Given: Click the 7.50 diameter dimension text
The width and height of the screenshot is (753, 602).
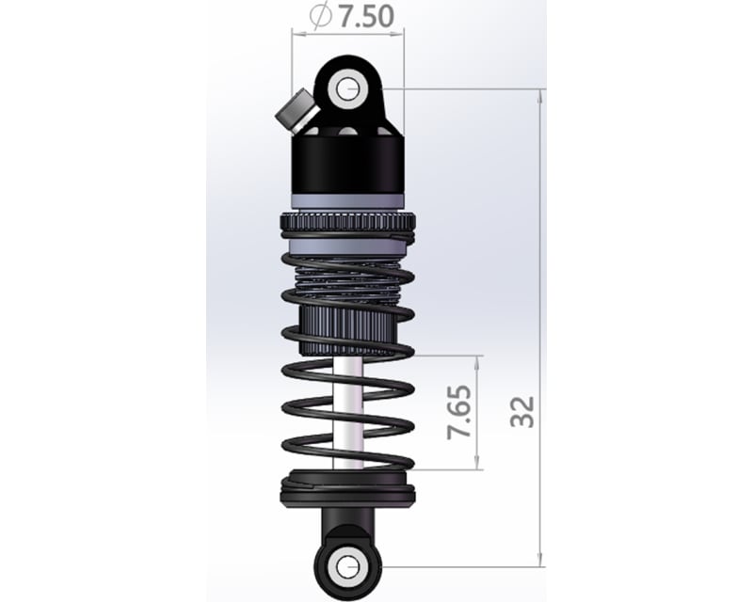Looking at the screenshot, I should pos(363,15).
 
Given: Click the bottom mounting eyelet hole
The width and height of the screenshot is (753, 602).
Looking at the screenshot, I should pos(348,566).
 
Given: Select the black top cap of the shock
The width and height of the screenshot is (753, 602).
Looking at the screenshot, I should pos(348,160).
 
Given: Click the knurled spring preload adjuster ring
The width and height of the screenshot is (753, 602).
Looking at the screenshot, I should pos(347,227).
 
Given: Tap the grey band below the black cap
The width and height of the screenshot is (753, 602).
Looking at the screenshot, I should pos(348,200).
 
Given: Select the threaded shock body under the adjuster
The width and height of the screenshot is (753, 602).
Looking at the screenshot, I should pos(347,282).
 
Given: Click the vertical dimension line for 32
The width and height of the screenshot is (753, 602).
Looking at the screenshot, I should pos(541,282).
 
